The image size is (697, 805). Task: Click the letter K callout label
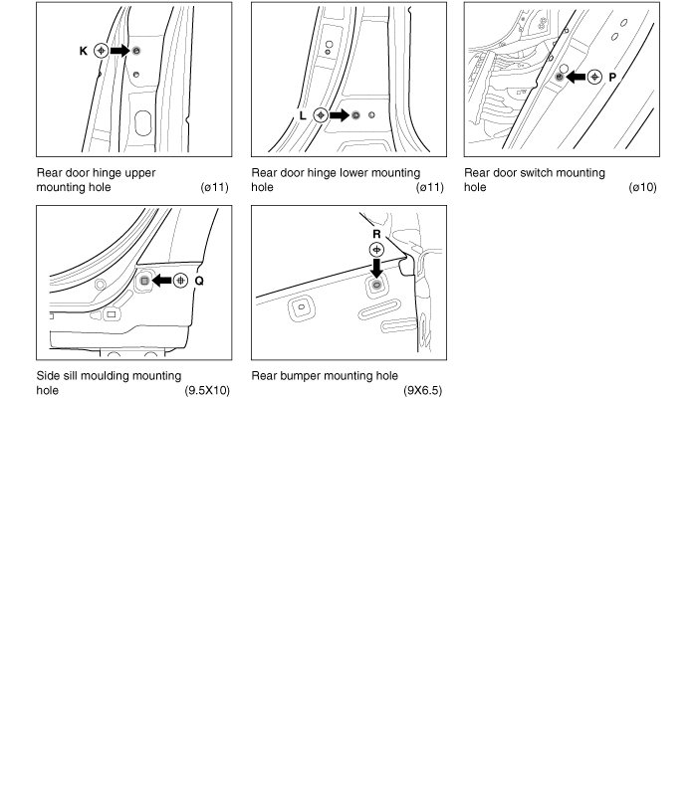84,50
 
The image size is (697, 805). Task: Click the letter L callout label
303,115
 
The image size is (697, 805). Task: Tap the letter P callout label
613,76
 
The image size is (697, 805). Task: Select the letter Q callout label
199,281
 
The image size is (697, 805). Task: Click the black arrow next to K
119,50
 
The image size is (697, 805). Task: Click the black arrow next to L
339,115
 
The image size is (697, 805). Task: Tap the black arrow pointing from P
576,76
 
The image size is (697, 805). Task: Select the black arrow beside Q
161,281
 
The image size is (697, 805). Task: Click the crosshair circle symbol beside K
101,50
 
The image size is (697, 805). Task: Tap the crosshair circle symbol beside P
594,76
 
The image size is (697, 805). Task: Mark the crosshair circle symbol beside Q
180,281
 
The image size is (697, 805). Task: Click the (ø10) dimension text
642,187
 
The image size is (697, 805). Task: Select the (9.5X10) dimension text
207,391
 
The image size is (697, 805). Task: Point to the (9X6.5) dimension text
422,391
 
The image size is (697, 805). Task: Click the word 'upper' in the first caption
138,173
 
